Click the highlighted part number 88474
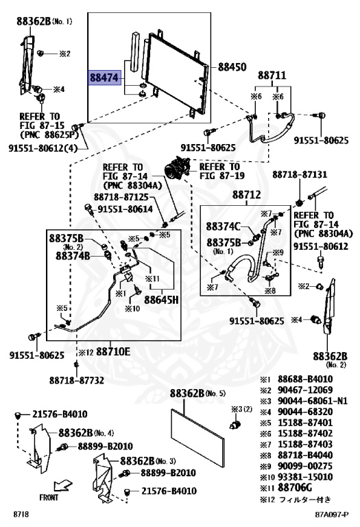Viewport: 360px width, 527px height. tap(104, 78)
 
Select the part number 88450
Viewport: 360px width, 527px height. tap(232, 67)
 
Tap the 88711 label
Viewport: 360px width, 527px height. tap(272, 75)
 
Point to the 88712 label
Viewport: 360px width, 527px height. tap(246, 194)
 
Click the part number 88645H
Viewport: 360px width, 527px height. tap(161, 299)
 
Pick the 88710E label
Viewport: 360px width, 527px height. tap(113, 351)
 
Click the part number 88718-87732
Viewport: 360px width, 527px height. tap(77, 380)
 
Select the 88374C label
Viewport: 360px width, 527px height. tap(223, 226)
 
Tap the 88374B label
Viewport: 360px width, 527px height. tap(73, 256)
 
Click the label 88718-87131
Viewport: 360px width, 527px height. tap(300, 174)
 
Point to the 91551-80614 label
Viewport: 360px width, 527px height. tap(125, 209)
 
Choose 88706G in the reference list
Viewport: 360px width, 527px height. tap(295, 487)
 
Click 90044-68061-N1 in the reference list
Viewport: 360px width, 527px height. tap(312, 401)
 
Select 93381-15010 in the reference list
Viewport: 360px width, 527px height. tap(305, 477)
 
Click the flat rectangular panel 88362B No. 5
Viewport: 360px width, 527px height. tap(197, 438)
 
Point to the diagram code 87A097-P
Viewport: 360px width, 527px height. tap(332, 514)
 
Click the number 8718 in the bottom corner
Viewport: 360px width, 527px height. tap(21, 514)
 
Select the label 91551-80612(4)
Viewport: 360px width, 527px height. tap(43, 148)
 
